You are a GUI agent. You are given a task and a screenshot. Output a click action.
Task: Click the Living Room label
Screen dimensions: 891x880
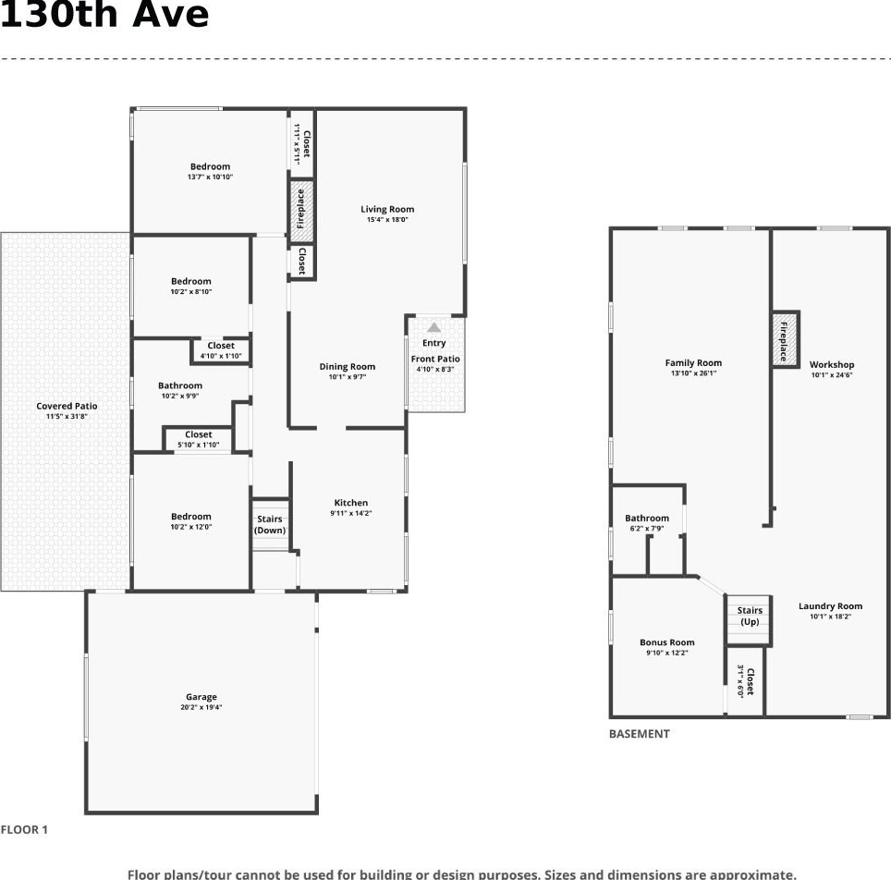(387, 209)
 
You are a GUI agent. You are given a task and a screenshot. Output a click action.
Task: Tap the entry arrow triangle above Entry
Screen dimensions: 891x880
(434, 327)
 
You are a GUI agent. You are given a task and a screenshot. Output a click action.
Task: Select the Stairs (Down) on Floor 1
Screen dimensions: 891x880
(271, 525)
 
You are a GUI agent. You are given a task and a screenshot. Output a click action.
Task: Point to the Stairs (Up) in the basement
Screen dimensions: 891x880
(749, 619)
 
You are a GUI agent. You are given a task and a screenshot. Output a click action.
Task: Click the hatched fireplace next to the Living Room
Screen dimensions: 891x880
(301, 209)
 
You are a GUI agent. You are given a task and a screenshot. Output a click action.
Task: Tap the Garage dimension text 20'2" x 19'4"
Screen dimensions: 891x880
(201, 707)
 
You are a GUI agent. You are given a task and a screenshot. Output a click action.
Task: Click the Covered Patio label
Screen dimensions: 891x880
(67, 406)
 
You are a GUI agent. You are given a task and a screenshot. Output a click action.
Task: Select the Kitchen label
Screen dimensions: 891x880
(351, 503)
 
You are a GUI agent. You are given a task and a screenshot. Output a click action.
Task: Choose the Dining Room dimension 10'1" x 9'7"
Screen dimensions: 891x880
(348, 376)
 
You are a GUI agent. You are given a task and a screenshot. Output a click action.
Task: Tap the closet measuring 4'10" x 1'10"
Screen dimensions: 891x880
(221, 350)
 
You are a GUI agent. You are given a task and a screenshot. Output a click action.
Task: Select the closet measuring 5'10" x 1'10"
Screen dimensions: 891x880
(199, 439)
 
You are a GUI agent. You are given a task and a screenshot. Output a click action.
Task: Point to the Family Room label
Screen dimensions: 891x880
(694, 362)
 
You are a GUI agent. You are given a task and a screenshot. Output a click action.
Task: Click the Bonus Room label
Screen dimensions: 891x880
(667, 642)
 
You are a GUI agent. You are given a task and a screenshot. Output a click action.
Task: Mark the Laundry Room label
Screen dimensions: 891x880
(831, 606)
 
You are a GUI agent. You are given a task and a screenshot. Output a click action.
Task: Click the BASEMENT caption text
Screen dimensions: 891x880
(640, 734)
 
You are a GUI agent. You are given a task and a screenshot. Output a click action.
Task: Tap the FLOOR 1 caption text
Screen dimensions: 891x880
(24, 829)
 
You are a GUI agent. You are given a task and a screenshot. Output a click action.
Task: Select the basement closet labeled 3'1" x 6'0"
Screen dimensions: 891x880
(746, 681)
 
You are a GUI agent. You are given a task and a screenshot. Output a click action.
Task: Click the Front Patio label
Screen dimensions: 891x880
(435, 359)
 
